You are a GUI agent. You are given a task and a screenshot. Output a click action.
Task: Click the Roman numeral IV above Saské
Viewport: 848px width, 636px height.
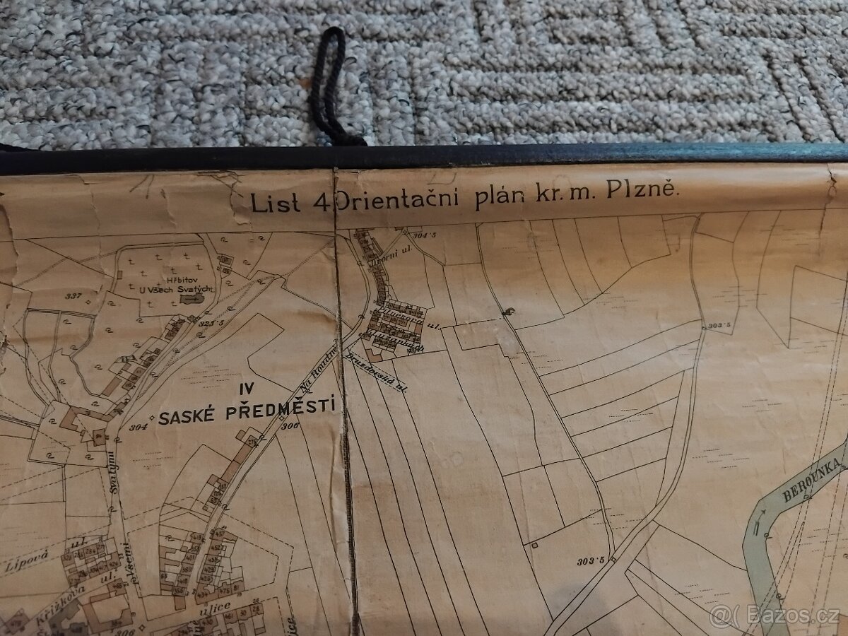[245, 387]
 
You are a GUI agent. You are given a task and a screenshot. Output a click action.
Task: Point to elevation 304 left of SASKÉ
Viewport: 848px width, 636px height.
[138, 426]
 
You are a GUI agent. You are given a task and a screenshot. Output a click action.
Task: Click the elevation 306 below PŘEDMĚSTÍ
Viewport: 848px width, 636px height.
[290, 425]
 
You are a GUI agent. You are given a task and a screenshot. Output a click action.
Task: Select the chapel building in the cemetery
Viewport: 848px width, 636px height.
[189, 300]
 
